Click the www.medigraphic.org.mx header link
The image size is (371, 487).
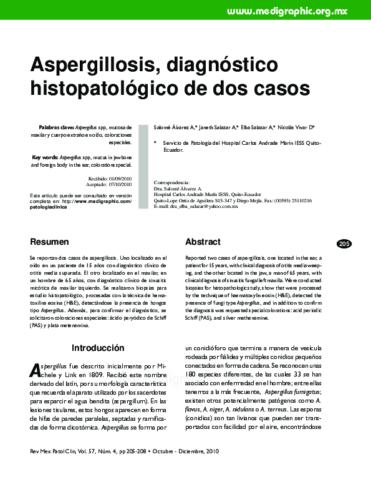click(x=295, y=11)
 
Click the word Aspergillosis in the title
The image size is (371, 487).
click(x=88, y=64)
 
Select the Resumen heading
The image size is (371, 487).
click(x=49, y=242)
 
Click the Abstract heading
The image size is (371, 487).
click(x=203, y=242)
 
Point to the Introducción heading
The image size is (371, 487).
click(x=98, y=348)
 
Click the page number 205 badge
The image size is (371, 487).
click(x=344, y=243)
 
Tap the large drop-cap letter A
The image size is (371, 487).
click(x=35, y=371)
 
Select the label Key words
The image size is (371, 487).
click(x=46, y=157)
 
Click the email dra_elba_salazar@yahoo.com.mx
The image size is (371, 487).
click(x=205, y=206)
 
